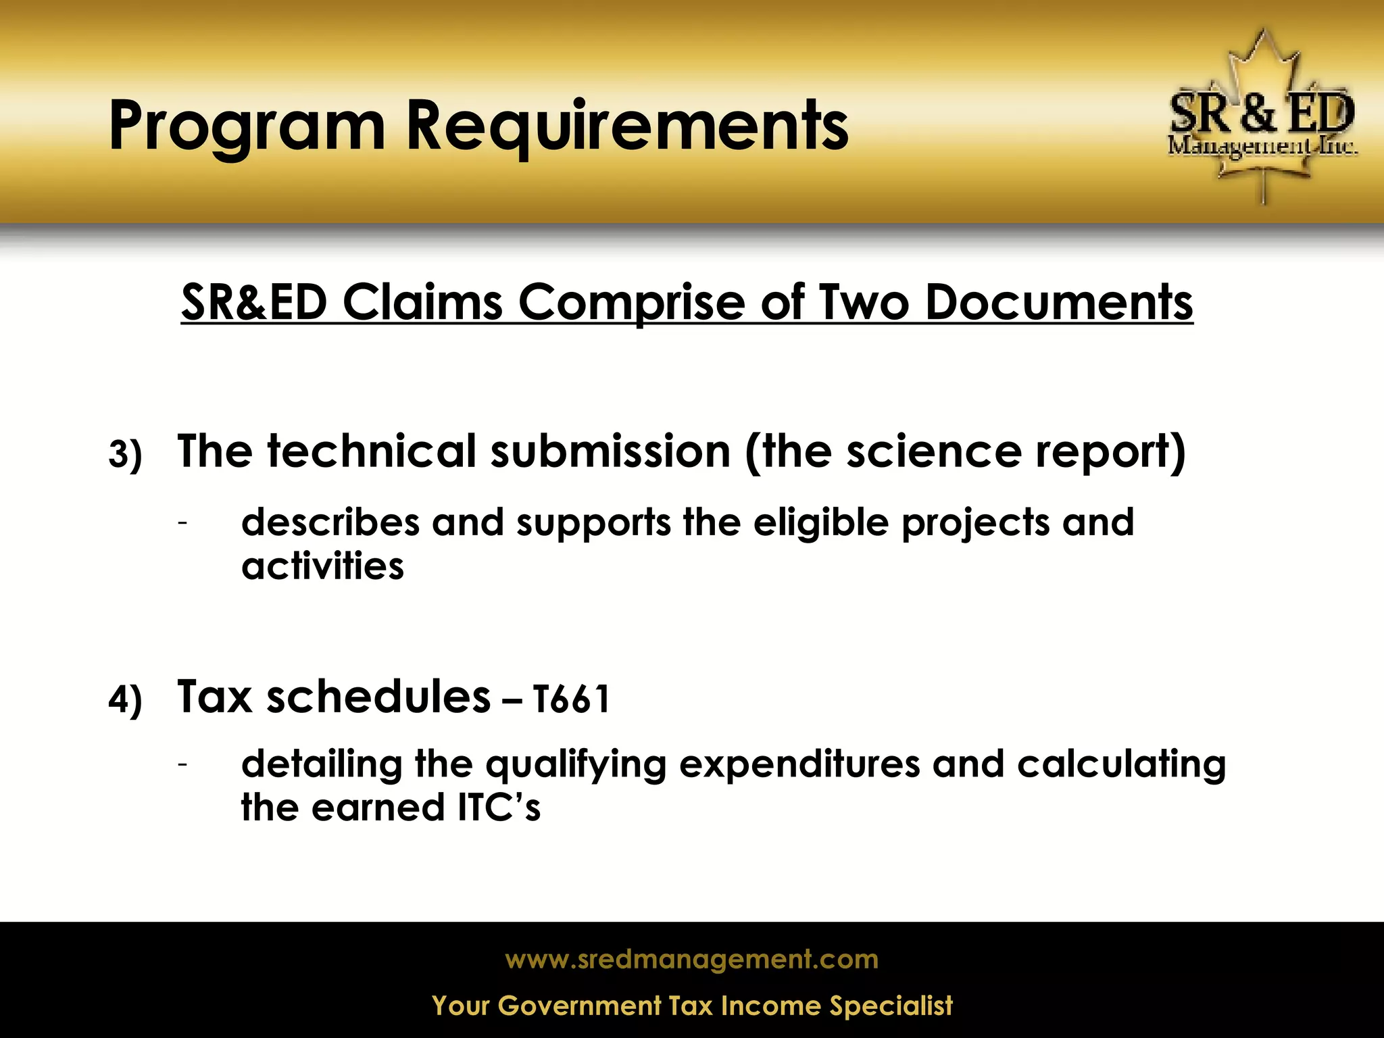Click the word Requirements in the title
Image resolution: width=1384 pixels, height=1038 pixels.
(x=626, y=126)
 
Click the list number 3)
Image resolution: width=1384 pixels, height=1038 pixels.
(x=125, y=455)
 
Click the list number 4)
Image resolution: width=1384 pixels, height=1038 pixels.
(x=125, y=699)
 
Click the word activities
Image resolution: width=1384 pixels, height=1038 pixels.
(x=322, y=566)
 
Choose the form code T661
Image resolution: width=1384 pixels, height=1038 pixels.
(x=572, y=699)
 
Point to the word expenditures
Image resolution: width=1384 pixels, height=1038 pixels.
(x=799, y=764)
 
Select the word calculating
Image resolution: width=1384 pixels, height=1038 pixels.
(x=1121, y=764)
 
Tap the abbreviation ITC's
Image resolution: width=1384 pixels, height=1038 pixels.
(x=499, y=808)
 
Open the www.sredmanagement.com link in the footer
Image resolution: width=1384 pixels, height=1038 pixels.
(x=691, y=960)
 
